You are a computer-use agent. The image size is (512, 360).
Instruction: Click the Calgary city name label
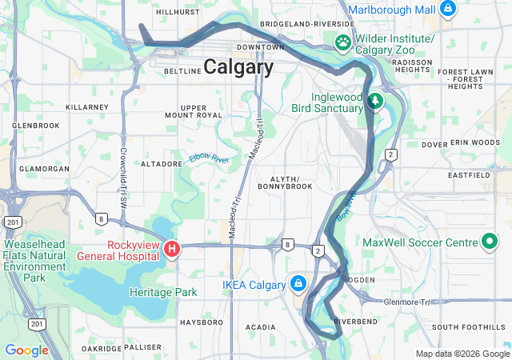pos(238,67)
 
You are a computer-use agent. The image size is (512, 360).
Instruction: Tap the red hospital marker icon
pos(170,250)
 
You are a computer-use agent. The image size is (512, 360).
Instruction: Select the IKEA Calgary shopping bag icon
pos(298,283)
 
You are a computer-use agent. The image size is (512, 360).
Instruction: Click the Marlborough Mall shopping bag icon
pos(447,10)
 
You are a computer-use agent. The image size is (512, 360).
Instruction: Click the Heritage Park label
pos(162,292)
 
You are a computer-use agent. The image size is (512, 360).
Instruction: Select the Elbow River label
pos(209,158)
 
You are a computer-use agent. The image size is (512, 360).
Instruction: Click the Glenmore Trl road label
pos(406,302)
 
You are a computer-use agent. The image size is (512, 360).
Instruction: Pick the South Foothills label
pos(468,327)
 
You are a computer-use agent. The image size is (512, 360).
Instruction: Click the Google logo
pos(27,350)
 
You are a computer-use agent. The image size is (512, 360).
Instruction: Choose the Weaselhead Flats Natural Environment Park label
pos(34,260)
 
